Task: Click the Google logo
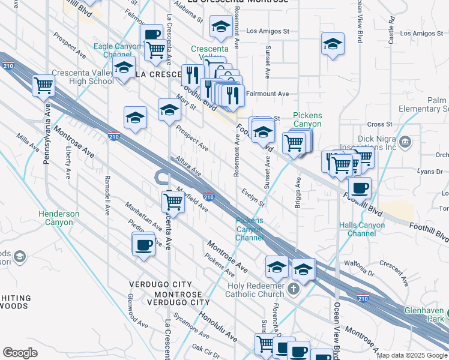click(20, 353)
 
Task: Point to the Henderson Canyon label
click(59, 218)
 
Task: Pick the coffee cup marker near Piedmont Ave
click(143, 245)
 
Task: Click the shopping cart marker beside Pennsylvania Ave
click(43, 86)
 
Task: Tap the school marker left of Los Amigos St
click(221, 27)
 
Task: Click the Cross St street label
click(379, 124)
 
